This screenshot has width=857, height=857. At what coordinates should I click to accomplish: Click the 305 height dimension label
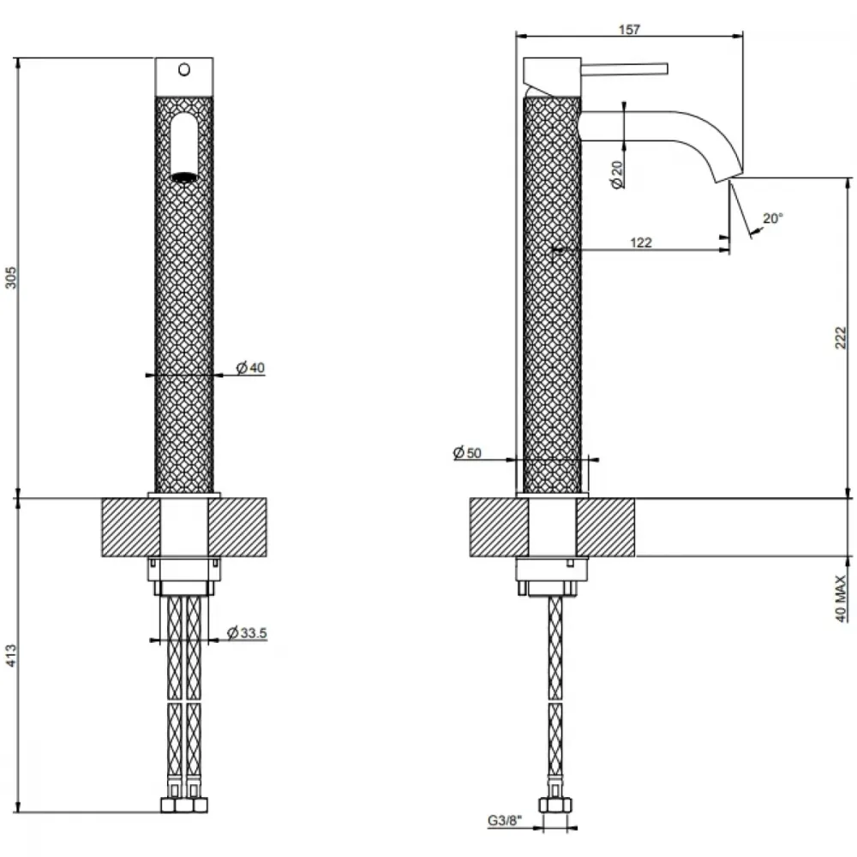pos(11,278)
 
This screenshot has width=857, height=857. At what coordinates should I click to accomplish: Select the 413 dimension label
pos(11,656)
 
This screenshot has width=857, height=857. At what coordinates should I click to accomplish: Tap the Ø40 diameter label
pos(250,368)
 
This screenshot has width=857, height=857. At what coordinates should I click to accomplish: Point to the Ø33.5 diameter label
pos(247,633)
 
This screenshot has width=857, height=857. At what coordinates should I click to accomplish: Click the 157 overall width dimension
pos(629,29)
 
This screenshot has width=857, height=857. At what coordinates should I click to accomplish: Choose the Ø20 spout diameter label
pos(617,174)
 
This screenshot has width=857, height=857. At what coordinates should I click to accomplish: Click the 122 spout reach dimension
pos(641,243)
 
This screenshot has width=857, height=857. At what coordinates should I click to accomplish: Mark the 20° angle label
pos(773,218)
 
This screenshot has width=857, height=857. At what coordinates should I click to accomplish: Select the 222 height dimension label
pos(841,337)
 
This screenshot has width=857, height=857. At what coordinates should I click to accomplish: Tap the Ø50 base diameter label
pos(467,452)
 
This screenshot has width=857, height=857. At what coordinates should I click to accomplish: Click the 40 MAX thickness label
pos(841,598)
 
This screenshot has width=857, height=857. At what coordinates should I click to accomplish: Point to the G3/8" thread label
pos(505,820)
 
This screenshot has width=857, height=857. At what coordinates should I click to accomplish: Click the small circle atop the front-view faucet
pos(184,69)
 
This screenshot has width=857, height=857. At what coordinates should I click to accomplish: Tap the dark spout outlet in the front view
pos(184,177)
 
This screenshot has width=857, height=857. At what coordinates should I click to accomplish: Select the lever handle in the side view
pos(624,69)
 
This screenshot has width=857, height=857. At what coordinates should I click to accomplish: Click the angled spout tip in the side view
pos(728,174)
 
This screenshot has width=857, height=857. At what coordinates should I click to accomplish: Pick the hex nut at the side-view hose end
pos(555,805)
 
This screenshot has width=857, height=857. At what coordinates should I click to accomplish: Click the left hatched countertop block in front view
pos(131,527)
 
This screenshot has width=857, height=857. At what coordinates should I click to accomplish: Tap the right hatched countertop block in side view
pos(606,527)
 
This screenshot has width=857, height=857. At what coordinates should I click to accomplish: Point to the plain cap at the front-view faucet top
pos(184,76)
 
